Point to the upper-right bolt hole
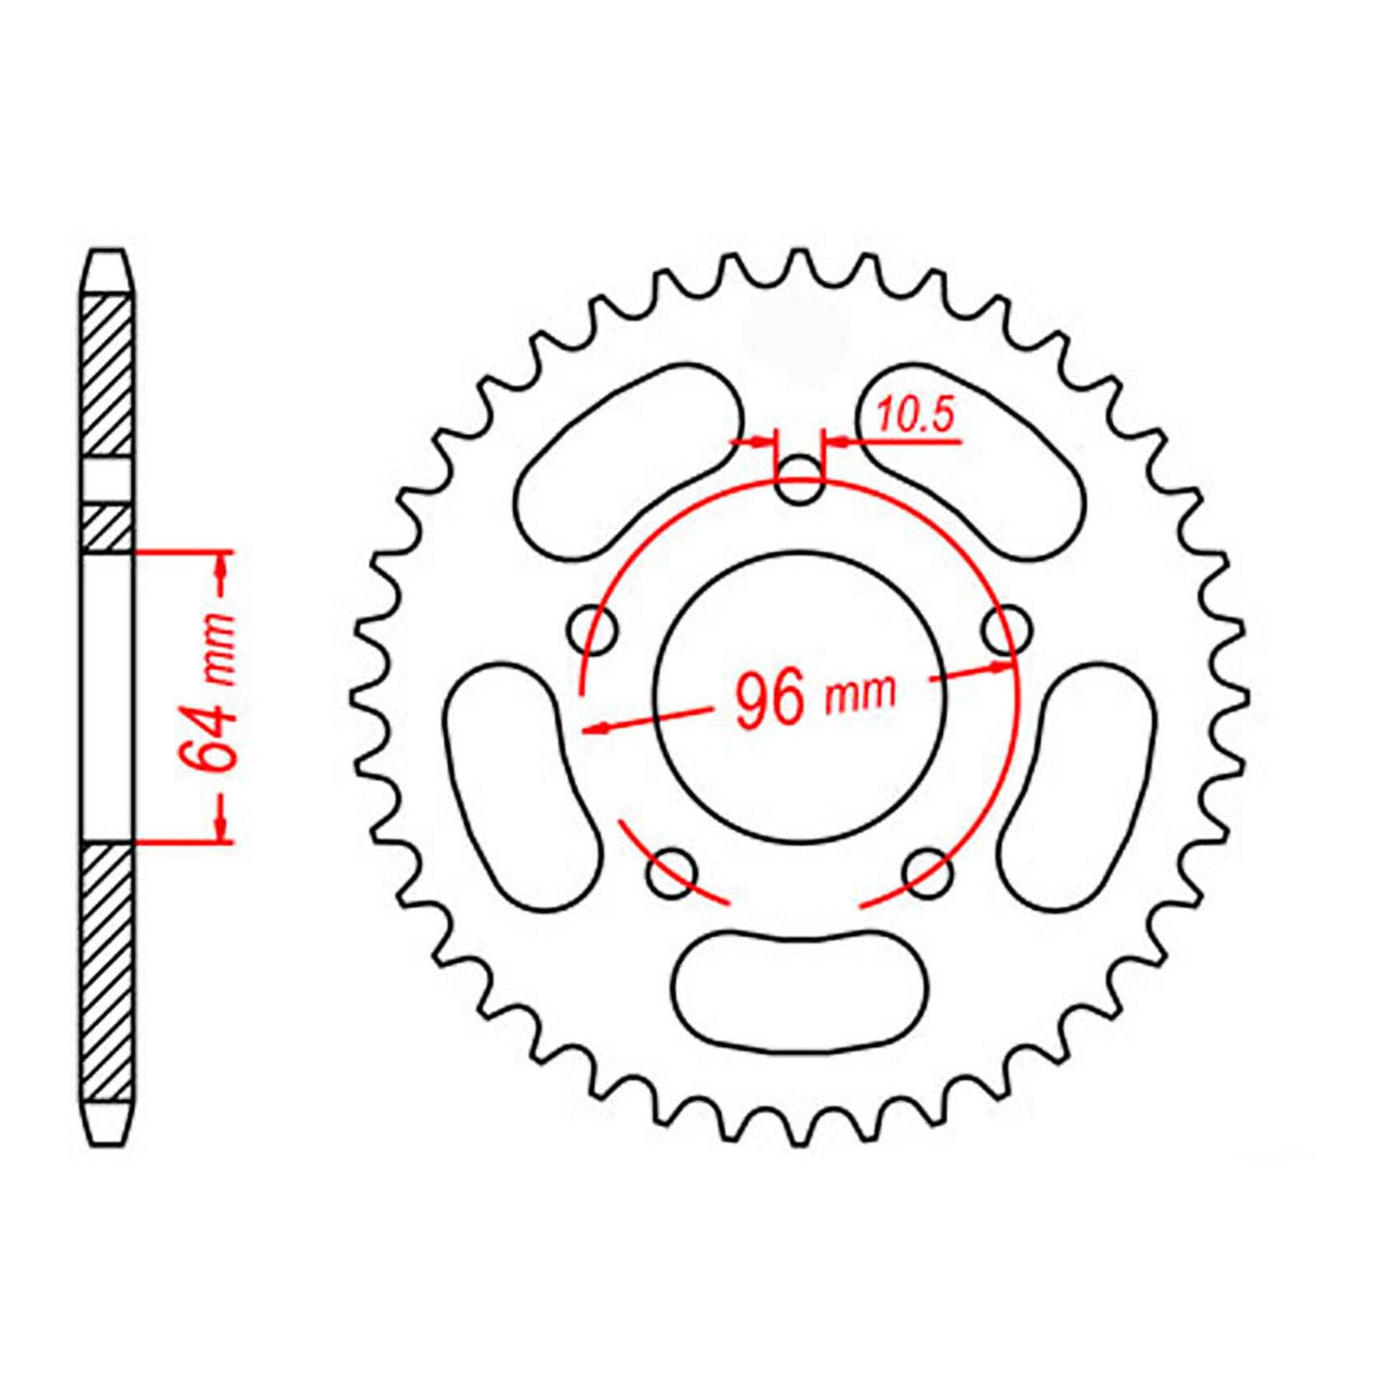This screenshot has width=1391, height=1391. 1006,631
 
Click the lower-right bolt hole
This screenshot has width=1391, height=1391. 929,873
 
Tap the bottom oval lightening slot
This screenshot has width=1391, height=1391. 801,990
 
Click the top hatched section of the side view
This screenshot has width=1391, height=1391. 106,375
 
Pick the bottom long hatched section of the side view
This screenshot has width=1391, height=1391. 106,972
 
